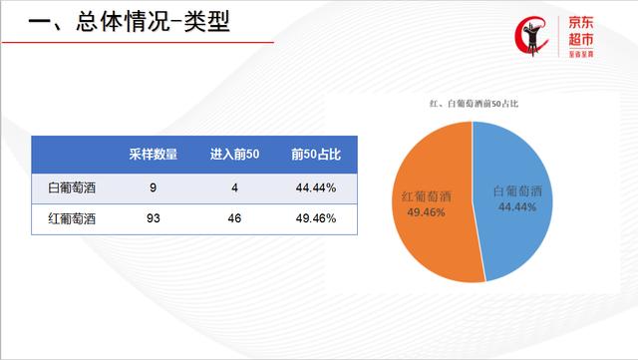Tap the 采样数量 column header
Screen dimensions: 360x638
[x=154, y=155]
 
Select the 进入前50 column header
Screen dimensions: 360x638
[x=234, y=155]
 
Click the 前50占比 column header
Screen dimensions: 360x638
[x=316, y=155]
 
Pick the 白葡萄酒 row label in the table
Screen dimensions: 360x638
[x=74, y=187]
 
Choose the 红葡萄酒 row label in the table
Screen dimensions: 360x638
[x=74, y=216]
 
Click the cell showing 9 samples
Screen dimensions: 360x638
[x=154, y=187]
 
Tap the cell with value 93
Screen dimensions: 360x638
[x=154, y=216]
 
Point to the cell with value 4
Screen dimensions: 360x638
[x=234, y=187]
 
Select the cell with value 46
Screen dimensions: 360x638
[x=234, y=216]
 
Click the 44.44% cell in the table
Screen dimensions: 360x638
[x=316, y=187]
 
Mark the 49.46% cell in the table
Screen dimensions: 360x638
[x=316, y=216]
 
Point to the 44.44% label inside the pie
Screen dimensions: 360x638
[x=516, y=206]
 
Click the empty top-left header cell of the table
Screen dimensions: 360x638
[x=74, y=155]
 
